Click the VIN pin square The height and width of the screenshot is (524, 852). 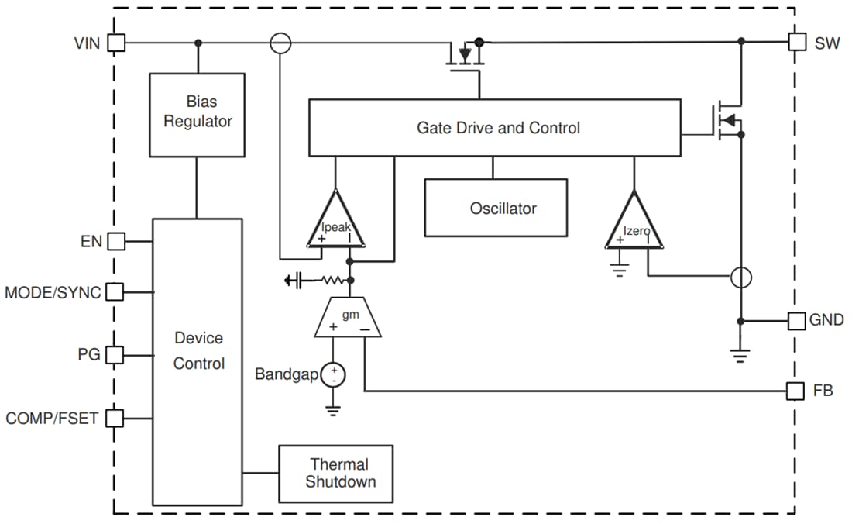click(x=115, y=43)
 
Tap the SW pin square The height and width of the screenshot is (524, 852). click(x=797, y=42)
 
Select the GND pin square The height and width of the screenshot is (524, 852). click(x=797, y=320)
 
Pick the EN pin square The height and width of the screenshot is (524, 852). click(x=115, y=241)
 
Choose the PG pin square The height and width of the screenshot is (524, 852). click(x=115, y=355)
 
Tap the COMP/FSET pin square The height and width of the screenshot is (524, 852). click(x=115, y=418)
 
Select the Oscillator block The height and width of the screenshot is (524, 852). click(x=495, y=208)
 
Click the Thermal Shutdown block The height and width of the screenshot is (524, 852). click(x=335, y=473)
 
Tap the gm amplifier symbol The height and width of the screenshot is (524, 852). click(x=348, y=319)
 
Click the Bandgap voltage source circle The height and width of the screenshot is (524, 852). click(x=333, y=376)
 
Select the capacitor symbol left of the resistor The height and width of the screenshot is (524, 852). click(x=294, y=281)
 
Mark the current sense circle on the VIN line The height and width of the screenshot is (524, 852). click(x=280, y=43)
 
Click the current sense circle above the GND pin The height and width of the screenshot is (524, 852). click(x=741, y=277)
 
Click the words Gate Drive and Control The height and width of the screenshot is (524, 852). click(x=498, y=128)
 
